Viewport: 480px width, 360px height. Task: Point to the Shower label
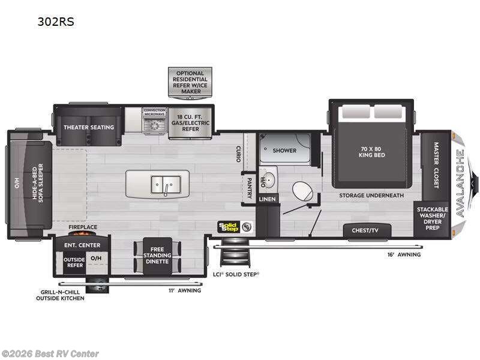pos(285,151)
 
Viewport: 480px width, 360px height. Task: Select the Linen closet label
pos(268,199)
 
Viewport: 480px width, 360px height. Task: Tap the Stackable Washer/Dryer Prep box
pos(433,218)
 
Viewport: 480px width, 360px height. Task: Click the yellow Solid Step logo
pos(229,227)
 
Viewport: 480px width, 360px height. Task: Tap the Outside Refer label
pos(74,263)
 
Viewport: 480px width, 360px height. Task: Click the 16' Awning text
pos(404,254)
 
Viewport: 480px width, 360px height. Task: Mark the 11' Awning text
pos(184,290)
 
